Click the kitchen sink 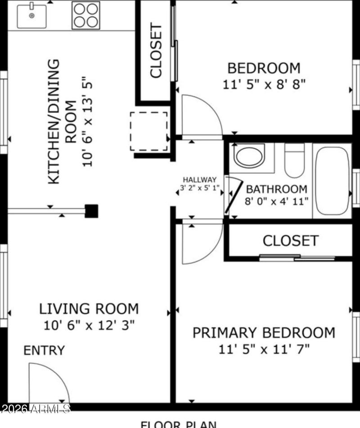[x=31, y=16]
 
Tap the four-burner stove [x=86, y=16]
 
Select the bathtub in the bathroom [x=332, y=180]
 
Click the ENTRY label [x=44, y=350]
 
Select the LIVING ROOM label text [x=89, y=309]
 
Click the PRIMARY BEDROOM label [x=264, y=333]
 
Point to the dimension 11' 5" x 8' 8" [x=264, y=84]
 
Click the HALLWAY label [x=199, y=180]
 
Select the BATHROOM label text [x=276, y=189]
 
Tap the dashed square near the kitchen [x=148, y=131]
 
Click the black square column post [x=92, y=211]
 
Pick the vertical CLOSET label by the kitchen [x=156, y=51]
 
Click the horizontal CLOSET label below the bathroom [x=290, y=241]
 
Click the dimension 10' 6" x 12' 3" [x=89, y=325]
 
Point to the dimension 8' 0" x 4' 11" [x=276, y=201]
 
